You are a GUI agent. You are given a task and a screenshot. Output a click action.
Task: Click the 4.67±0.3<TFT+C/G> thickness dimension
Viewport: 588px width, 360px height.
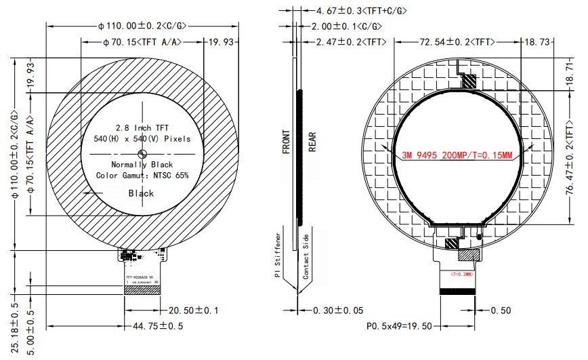point(362,11)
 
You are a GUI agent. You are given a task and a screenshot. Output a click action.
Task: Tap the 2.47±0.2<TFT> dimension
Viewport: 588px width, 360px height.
point(352,42)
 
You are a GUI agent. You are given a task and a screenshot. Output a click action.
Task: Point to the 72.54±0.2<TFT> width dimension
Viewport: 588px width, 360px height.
point(456,42)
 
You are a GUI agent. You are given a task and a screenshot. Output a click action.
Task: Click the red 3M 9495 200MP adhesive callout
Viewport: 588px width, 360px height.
point(457,155)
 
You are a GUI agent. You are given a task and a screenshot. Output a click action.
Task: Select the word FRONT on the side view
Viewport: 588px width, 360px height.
point(287,142)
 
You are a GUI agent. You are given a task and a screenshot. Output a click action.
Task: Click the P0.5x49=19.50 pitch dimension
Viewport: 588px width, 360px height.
point(399,326)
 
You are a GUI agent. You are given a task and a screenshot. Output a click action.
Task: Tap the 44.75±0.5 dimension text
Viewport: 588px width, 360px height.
point(158,326)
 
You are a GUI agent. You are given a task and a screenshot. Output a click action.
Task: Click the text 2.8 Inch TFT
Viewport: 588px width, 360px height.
point(142,127)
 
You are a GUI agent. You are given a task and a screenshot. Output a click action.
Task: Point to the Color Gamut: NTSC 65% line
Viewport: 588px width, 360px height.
point(142,176)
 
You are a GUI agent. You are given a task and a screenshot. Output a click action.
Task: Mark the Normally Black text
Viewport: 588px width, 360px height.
point(142,165)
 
